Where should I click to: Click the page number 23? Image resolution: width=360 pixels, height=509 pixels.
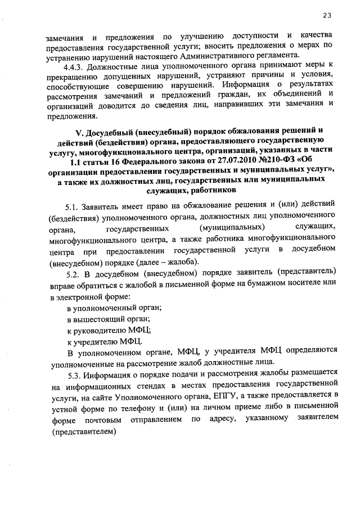point(327,15)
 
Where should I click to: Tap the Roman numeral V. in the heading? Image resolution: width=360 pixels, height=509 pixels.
point(78,133)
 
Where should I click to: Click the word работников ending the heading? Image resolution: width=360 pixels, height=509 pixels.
point(208,192)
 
